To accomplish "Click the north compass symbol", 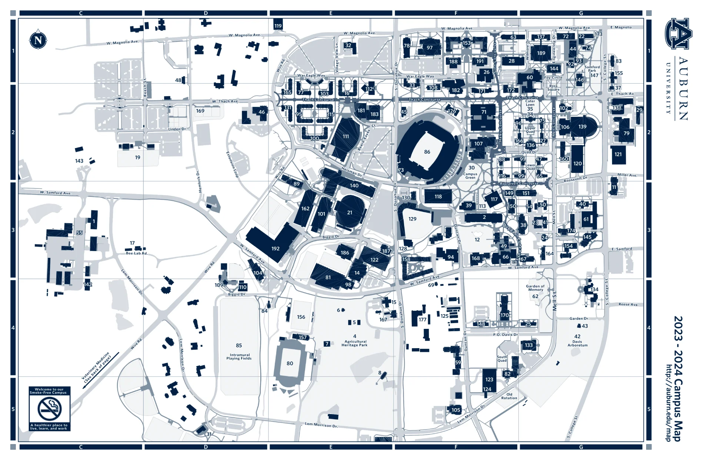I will pyautogui.click(x=38, y=40).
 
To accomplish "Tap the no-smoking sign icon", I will pyautogui.click(x=50, y=409).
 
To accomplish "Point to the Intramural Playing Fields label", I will pyautogui.click(x=239, y=356).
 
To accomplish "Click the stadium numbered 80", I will pyautogui.click(x=290, y=363).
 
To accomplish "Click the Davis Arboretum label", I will pyautogui.click(x=577, y=343).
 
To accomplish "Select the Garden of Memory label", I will pyautogui.click(x=535, y=288).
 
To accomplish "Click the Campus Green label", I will pyautogui.click(x=470, y=176).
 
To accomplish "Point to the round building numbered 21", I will pyautogui.click(x=350, y=212).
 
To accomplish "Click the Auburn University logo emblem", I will pyautogui.click(x=678, y=34).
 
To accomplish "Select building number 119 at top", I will pyautogui.click(x=278, y=26).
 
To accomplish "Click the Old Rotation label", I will pyautogui.click(x=509, y=396).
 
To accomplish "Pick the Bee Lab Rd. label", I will pyautogui.click(x=137, y=253).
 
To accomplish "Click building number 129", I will pyautogui.click(x=412, y=219).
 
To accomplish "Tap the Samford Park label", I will pyautogui.click(x=592, y=69).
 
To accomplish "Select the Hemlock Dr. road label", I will pyautogui.click(x=199, y=181).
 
